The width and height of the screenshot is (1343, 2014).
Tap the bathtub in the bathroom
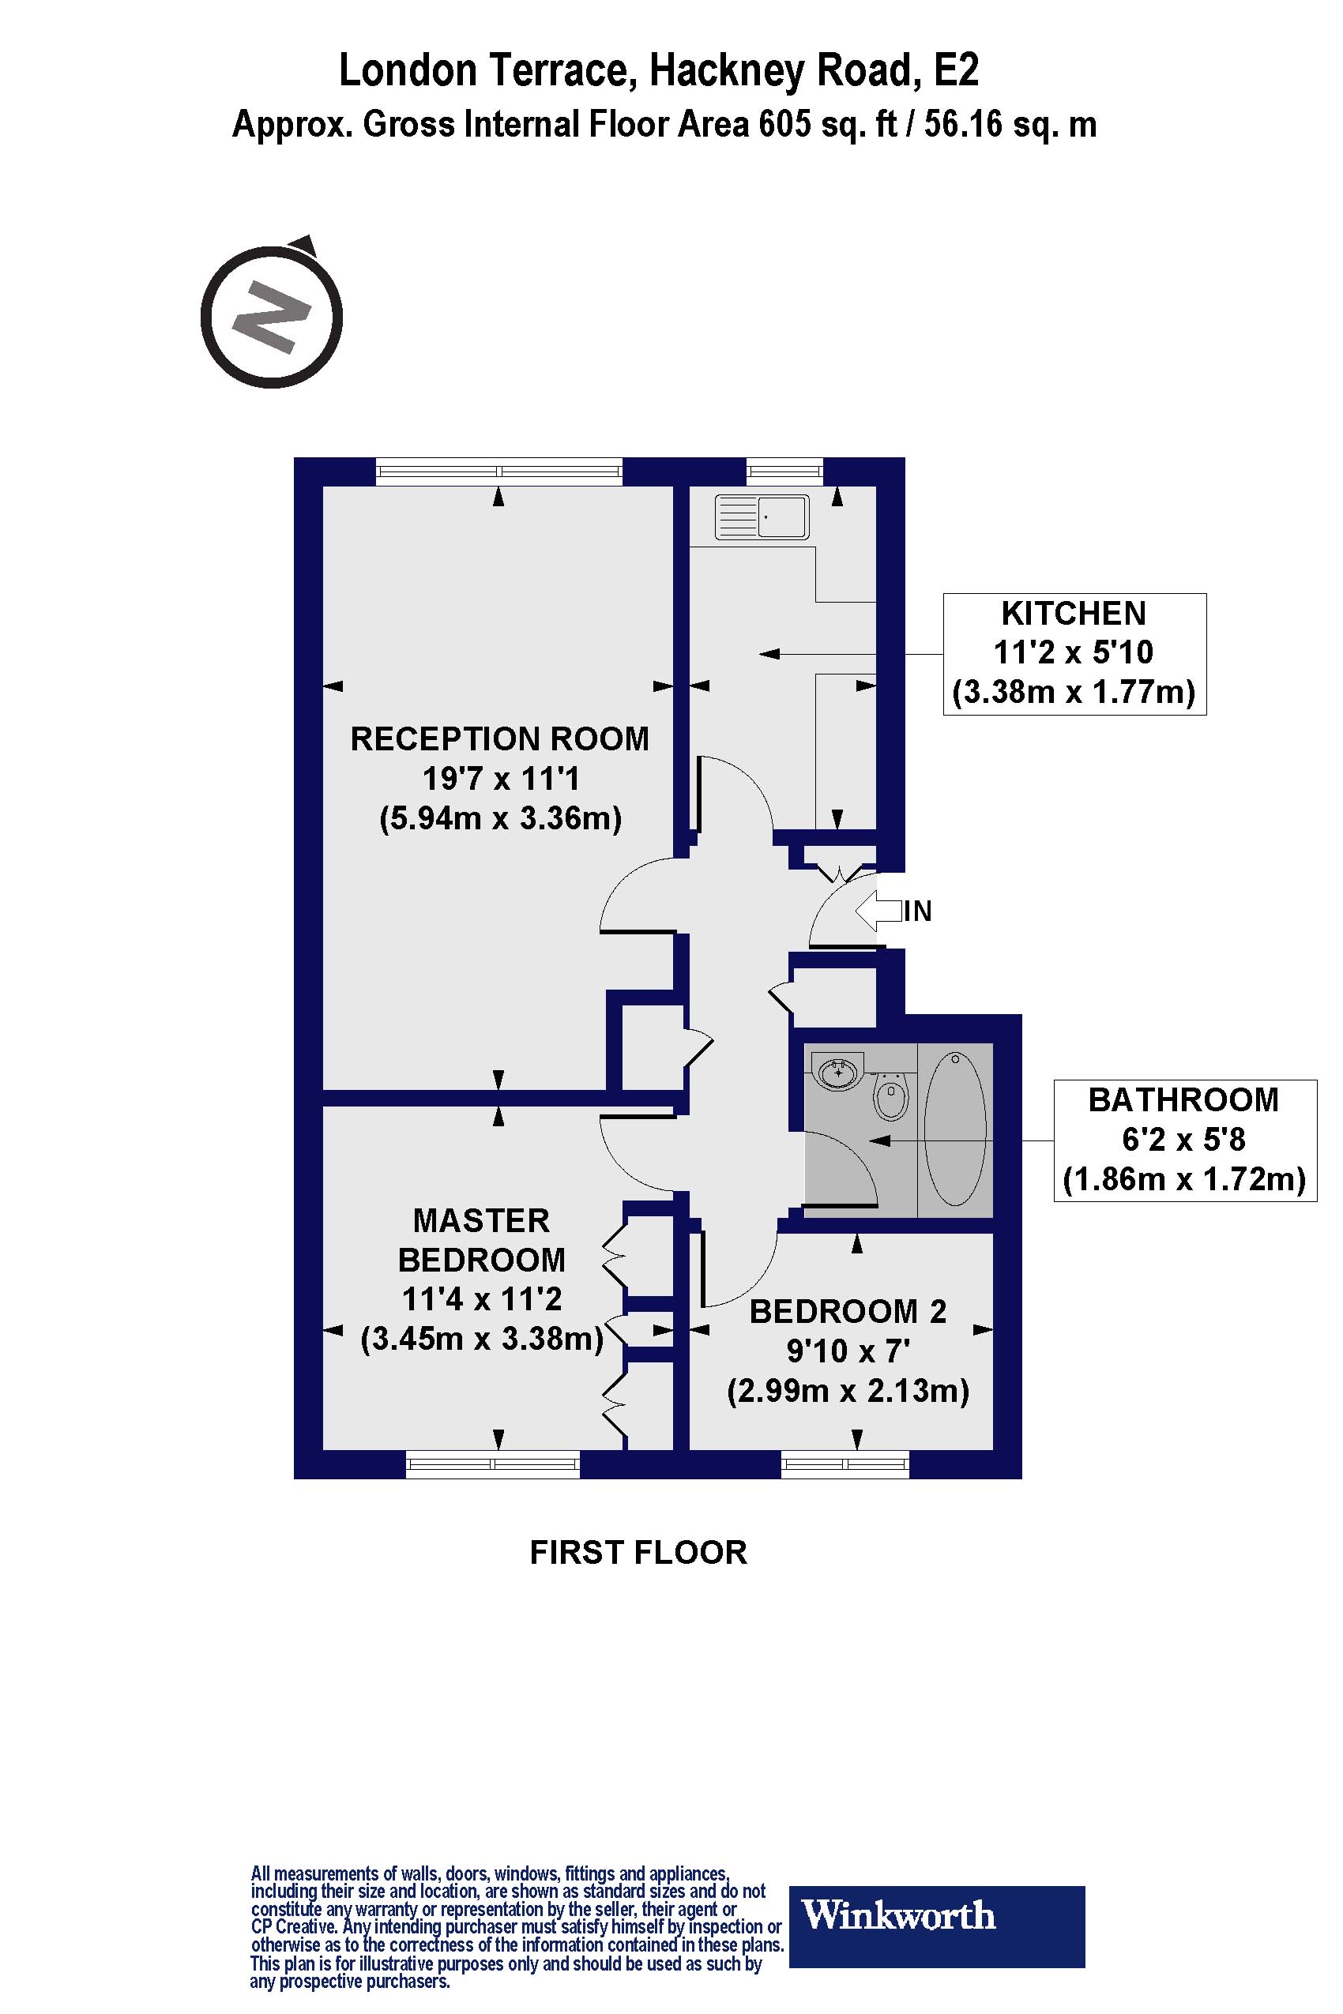(x=955, y=1128)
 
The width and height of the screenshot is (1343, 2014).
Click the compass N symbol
(x=272, y=316)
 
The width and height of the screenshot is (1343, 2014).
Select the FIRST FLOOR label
(x=638, y=1553)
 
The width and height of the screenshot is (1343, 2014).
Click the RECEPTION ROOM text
(x=499, y=739)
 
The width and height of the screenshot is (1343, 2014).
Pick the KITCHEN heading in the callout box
(x=1073, y=614)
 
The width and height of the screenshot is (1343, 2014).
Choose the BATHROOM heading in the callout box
(x=1183, y=1100)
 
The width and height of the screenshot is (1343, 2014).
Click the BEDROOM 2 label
(x=847, y=1312)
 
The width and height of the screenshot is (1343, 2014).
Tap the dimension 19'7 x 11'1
(x=500, y=780)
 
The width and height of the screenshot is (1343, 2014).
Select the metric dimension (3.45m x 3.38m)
(x=482, y=1337)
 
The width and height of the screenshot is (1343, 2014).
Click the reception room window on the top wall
(x=498, y=470)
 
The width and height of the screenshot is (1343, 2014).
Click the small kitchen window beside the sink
(x=784, y=470)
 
